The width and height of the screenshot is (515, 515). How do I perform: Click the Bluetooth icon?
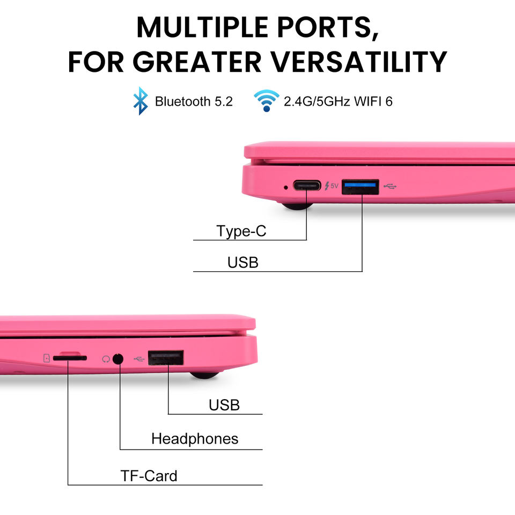click(x=141, y=101)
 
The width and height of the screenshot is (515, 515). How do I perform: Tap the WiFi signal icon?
click(x=267, y=100)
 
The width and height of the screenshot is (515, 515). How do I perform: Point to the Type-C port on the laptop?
click(x=306, y=186)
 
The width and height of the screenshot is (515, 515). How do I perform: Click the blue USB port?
click(x=360, y=186)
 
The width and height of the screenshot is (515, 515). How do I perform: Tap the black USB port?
click(x=166, y=358)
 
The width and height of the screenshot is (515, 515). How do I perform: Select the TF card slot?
click(x=70, y=357)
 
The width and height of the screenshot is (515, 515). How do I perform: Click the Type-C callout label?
click(x=241, y=232)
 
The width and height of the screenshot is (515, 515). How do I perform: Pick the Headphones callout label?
click(x=195, y=439)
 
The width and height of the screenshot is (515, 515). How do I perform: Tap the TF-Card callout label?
click(x=149, y=475)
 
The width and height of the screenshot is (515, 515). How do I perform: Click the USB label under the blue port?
click(x=243, y=263)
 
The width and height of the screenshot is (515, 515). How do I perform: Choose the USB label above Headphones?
click(x=224, y=404)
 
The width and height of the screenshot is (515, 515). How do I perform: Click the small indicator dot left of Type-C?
click(x=285, y=187)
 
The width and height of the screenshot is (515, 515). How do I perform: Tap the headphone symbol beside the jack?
click(x=106, y=358)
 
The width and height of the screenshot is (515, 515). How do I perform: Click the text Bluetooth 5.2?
click(x=194, y=101)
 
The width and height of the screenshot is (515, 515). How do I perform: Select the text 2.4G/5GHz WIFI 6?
click(x=338, y=101)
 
